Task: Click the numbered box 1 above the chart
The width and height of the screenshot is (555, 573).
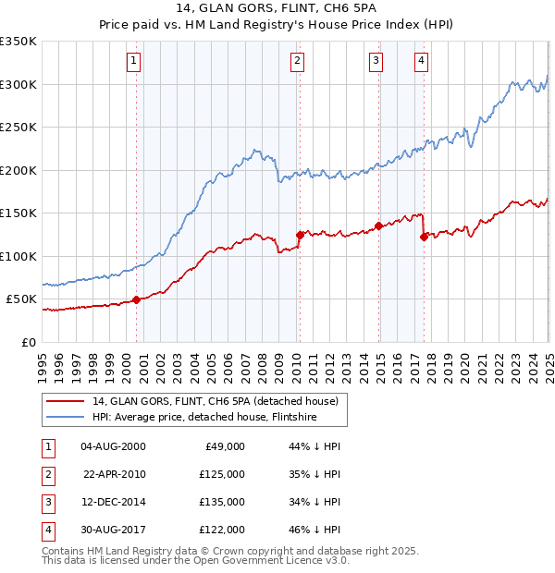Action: click(x=135, y=62)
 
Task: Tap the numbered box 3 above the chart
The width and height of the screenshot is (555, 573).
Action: click(x=377, y=62)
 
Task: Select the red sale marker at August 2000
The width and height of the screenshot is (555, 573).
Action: click(x=136, y=299)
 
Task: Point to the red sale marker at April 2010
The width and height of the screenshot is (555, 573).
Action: click(x=300, y=235)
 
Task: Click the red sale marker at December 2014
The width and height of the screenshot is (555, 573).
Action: click(x=379, y=226)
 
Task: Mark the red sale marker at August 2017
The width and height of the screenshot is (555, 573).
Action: click(x=424, y=237)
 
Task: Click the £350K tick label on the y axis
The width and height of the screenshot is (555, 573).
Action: click(x=18, y=42)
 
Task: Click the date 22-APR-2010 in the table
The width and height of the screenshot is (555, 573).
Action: click(x=115, y=474)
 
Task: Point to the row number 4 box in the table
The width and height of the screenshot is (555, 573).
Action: click(x=47, y=530)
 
